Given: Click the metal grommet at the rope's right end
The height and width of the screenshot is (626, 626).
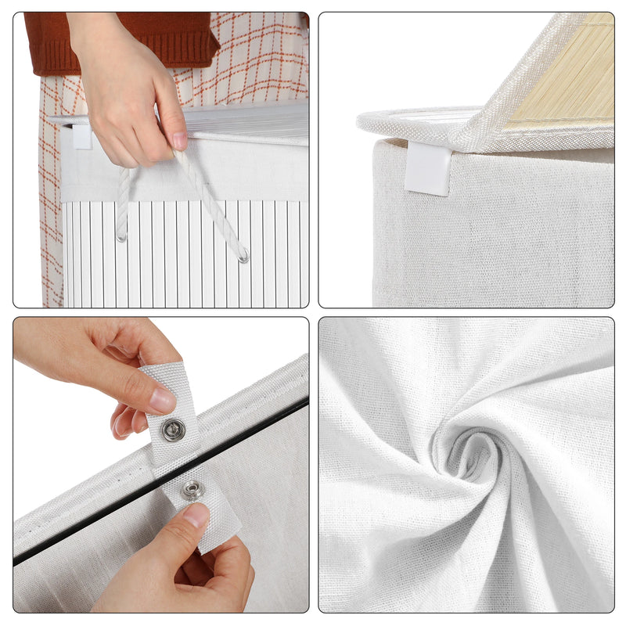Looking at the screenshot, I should [x=244, y=256].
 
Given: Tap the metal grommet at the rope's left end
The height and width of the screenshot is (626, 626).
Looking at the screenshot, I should [x=121, y=236].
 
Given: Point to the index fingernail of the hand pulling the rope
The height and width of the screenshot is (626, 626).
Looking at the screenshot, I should [x=180, y=142].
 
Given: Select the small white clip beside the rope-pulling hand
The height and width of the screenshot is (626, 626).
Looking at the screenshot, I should [x=81, y=136].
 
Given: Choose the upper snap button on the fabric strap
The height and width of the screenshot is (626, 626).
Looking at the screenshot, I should [x=173, y=429].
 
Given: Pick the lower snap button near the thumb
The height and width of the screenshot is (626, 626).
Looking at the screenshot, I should [x=192, y=491].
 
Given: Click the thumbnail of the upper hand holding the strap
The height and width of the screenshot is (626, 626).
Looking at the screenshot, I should [x=163, y=401].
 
